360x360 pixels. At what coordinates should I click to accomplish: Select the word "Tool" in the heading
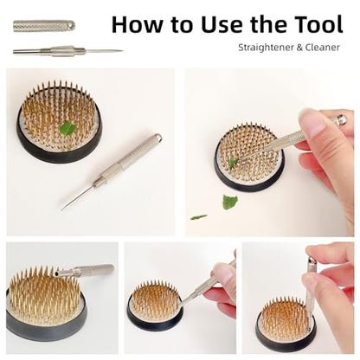click(318, 24)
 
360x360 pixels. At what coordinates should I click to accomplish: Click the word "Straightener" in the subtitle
click(266, 48)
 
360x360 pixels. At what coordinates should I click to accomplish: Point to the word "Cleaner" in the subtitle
click(323, 48)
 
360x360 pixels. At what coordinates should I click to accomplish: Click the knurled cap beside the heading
click(44, 26)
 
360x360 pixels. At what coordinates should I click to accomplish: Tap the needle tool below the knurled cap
click(67, 51)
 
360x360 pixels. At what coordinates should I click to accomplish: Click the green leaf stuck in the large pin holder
click(68, 128)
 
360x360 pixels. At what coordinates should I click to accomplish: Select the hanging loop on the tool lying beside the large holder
click(157, 138)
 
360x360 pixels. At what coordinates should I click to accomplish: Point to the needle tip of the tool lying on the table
click(62, 209)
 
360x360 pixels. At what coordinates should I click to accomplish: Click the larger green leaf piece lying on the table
click(229, 202)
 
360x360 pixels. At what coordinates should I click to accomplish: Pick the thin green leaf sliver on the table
click(198, 217)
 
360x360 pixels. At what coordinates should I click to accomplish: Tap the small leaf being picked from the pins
click(233, 164)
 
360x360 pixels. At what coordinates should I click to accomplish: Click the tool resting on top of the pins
click(84, 270)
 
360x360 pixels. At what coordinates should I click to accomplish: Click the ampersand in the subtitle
click(299, 48)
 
